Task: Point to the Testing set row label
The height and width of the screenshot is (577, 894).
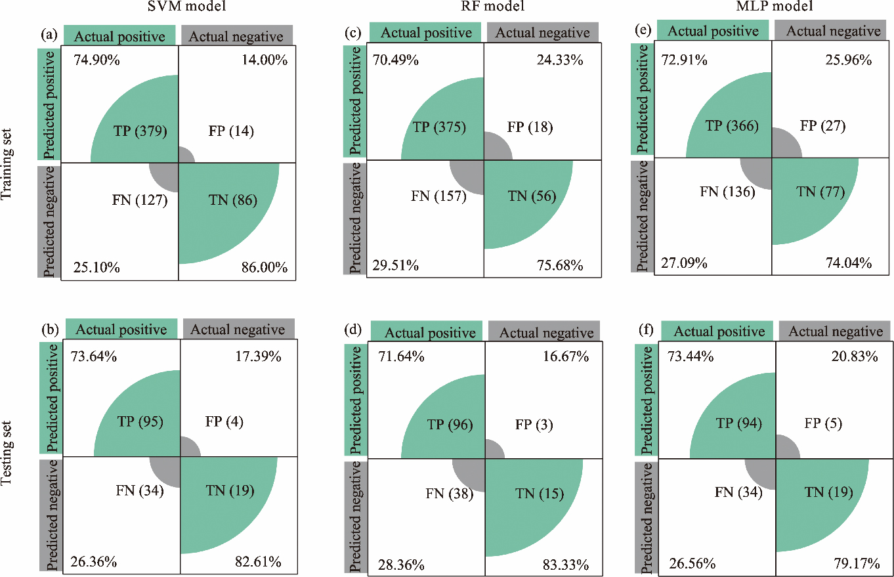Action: (7, 453)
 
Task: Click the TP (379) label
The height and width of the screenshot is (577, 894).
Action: (140, 131)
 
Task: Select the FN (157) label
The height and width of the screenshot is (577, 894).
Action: (438, 195)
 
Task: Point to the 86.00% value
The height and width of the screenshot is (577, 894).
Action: (262, 268)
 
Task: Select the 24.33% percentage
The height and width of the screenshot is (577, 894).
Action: (555, 60)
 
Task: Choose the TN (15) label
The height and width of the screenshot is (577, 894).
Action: (536, 494)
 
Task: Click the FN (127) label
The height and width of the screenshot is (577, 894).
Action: (140, 200)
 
